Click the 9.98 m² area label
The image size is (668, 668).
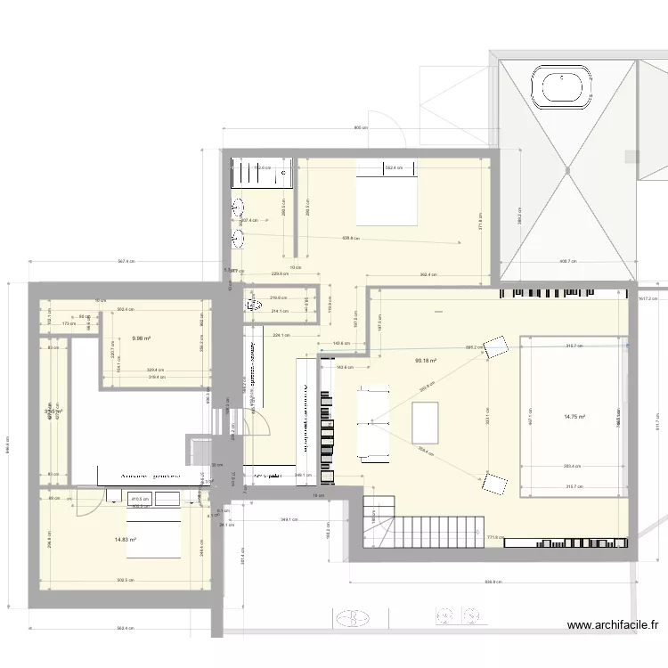tap(141, 338)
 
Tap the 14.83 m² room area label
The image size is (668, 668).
tap(126, 540)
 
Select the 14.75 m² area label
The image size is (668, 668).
tap(574, 416)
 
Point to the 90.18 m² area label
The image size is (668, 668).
tap(427, 361)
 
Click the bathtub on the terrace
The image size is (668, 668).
tap(562, 88)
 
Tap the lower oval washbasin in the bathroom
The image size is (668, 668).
tap(239, 239)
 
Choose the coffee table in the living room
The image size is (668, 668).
tap(427, 422)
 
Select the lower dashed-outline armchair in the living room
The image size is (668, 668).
tap(493, 485)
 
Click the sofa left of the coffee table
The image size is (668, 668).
tap(374, 424)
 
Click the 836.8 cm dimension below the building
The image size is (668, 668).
tap(492, 583)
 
